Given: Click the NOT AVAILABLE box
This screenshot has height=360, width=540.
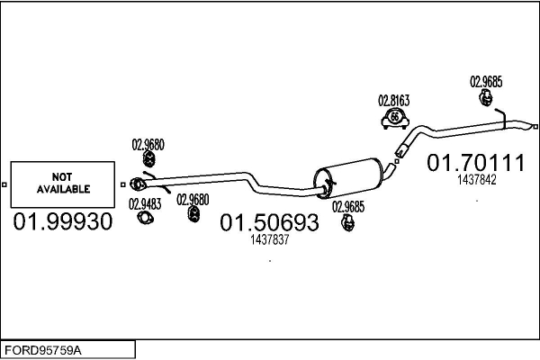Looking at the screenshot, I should (x=63, y=184).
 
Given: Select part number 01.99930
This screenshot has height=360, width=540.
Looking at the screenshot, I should (x=63, y=221).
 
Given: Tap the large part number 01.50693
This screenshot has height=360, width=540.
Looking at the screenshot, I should (x=269, y=221).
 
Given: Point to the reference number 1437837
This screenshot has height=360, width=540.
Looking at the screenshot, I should (x=268, y=239).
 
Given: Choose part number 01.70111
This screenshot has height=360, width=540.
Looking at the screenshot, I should (x=474, y=164).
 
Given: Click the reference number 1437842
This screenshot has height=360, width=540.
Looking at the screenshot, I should (x=476, y=179).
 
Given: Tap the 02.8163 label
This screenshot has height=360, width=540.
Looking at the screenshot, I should (x=393, y=100).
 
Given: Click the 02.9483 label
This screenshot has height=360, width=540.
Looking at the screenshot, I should (x=145, y=203).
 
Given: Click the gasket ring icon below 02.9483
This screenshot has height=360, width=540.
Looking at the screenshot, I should (x=144, y=219).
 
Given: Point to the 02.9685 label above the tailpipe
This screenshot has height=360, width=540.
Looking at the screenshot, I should (x=486, y=81).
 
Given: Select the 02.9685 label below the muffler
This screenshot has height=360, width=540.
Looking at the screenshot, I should (x=348, y=206).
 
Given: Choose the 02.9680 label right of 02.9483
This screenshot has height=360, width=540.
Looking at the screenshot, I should (x=193, y=200).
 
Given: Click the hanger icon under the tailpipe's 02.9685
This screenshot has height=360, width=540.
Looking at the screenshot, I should (x=487, y=98).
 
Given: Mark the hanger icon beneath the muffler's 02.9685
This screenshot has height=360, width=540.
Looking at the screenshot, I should (x=348, y=222).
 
